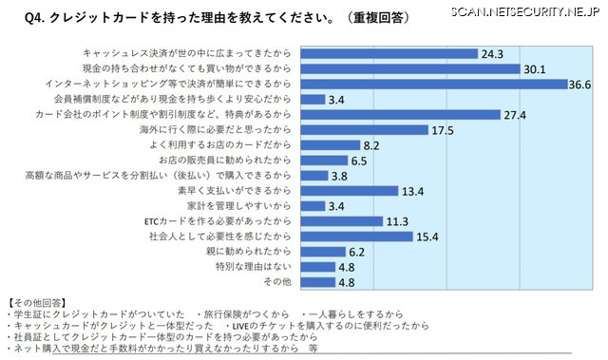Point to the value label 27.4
coord(517,114)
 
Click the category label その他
coord(276,281)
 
